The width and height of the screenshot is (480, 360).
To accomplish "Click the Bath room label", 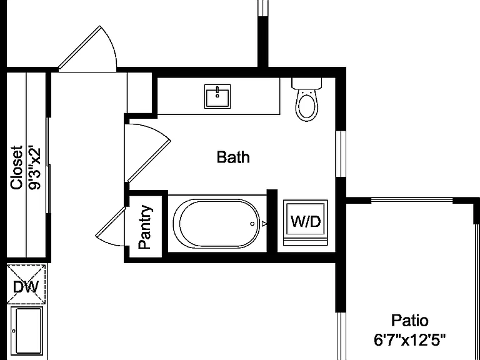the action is [x=233, y=157].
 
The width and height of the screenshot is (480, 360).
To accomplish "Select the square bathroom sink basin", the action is [x=217, y=96].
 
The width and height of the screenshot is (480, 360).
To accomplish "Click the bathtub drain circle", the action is [x=252, y=224].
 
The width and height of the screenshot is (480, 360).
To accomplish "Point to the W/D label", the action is [x=306, y=221].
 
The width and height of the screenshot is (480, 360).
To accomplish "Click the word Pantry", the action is [x=145, y=227].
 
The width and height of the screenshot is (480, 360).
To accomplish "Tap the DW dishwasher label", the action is [x=26, y=287].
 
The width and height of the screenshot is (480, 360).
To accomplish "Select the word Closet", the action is [x=16, y=167].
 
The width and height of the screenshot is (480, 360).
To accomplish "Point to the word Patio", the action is [x=410, y=321].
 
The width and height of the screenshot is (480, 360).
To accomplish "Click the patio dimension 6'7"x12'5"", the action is [x=410, y=340].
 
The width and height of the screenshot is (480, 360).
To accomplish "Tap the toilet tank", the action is [x=307, y=83].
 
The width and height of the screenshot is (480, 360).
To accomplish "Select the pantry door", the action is [x=111, y=222].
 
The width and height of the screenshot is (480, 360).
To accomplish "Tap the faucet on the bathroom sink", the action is [x=217, y=91].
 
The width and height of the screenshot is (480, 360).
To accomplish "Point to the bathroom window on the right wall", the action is [x=341, y=154].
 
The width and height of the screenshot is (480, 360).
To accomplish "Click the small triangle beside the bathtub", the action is [x=264, y=224].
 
